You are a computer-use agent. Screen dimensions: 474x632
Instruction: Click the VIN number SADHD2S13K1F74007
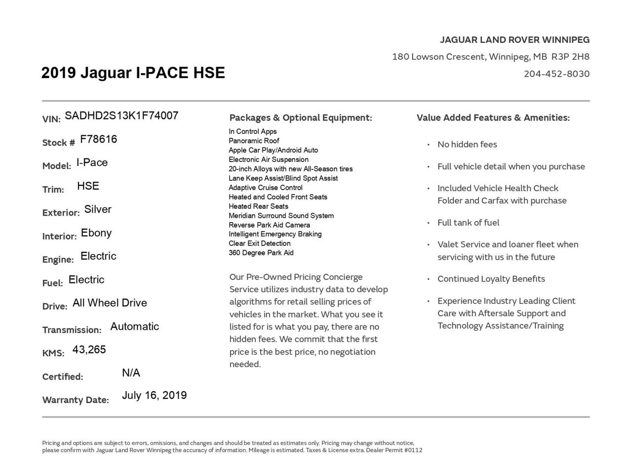pyautogui.click(x=121, y=116)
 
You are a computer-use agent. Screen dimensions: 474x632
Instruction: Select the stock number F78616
pyautogui.click(x=98, y=140)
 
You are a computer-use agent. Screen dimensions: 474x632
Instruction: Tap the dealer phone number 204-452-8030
pyautogui.click(x=556, y=74)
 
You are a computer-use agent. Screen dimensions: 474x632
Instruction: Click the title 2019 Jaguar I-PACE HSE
pyautogui.click(x=133, y=73)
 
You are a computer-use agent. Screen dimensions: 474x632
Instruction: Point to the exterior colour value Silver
pyautogui.click(x=98, y=209)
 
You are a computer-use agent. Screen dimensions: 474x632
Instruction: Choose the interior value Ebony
pyautogui.click(x=96, y=233)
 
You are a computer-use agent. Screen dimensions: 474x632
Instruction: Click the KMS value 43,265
pyautogui.click(x=89, y=350)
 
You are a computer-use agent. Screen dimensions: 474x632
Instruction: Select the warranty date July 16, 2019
pyautogui.click(x=154, y=395)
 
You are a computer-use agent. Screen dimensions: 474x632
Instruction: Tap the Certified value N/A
pyautogui.click(x=131, y=373)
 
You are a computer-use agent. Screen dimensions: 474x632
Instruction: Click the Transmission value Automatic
pyautogui.click(x=134, y=327)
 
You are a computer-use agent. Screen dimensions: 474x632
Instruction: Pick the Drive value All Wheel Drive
pyautogui.click(x=110, y=303)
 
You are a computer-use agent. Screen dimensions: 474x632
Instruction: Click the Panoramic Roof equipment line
pyautogui.click(x=254, y=141)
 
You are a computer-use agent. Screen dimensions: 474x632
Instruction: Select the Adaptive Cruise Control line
pyautogui.click(x=266, y=188)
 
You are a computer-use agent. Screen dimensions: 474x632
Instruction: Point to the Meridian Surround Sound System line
pyautogui.click(x=281, y=216)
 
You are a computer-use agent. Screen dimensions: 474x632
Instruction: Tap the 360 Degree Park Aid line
pyautogui.click(x=261, y=253)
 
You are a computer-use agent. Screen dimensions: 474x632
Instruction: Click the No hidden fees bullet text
pyautogui.click(x=467, y=145)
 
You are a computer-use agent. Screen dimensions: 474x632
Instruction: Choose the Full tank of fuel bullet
pyautogui.click(x=468, y=223)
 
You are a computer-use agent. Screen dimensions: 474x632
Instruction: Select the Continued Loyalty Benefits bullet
pyautogui.click(x=491, y=279)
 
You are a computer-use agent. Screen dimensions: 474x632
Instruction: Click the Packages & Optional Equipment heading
pyautogui.click(x=300, y=118)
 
